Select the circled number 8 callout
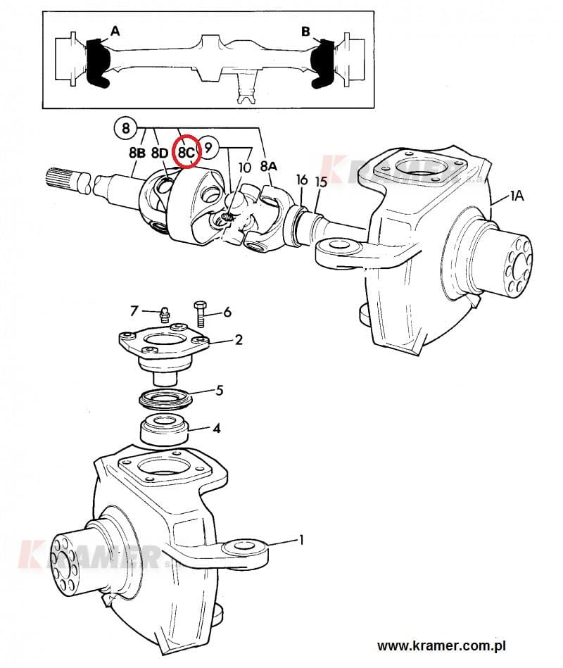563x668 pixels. click(125, 128)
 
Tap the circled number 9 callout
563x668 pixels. click(208, 147)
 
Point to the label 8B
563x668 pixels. click(137, 153)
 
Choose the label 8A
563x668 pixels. click(269, 167)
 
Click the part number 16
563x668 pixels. click(301, 179)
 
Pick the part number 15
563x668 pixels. click(321, 182)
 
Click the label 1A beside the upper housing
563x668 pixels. click(517, 196)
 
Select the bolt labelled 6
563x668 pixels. click(200, 313)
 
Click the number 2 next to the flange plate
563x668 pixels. click(239, 339)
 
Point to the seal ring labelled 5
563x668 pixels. click(165, 398)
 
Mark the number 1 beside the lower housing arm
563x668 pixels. click(301, 540)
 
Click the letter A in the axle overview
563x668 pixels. click(115, 31)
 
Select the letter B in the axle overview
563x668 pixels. click(305, 32)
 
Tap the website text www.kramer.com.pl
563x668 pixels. click(441, 646)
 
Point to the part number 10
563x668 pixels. click(244, 168)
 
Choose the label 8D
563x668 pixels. click(160, 153)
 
